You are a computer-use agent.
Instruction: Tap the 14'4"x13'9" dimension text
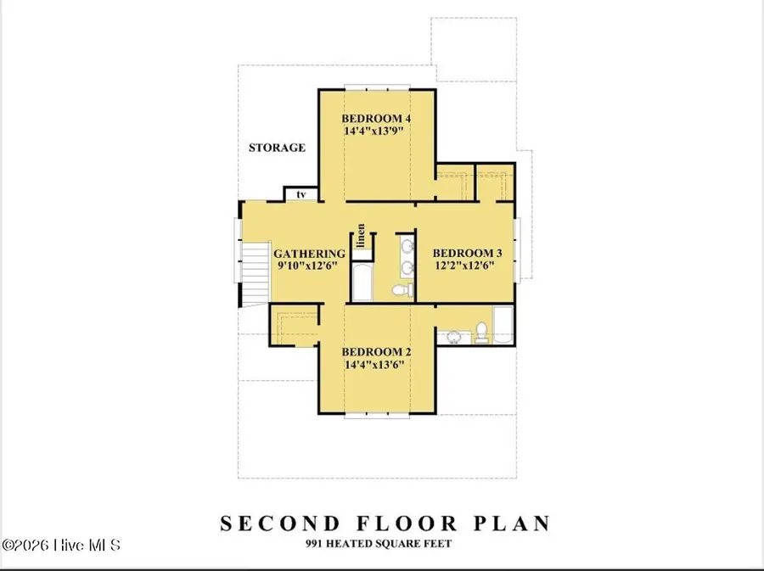coord(374,131)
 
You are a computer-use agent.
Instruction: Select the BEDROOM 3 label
coord(467,253)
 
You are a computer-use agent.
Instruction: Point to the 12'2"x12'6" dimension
coord(464,266)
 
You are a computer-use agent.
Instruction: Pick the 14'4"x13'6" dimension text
coord(374,365)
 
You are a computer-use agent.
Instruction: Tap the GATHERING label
coord(309,254)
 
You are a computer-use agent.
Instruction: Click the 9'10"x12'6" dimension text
coord(307,266)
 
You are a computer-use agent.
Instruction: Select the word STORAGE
coord(277,148)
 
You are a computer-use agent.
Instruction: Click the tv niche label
coord(301,194)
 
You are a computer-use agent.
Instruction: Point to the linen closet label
coord(361,236)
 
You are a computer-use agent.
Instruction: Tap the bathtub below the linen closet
coord(362,283)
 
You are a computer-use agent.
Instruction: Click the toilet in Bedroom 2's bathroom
coord(481,332)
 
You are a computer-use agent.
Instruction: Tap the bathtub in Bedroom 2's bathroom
coord(503,325)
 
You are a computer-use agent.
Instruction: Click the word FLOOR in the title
coord(407,523)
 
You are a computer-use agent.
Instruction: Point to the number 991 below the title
coord(314,544)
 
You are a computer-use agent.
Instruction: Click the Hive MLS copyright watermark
coord(61,545)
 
